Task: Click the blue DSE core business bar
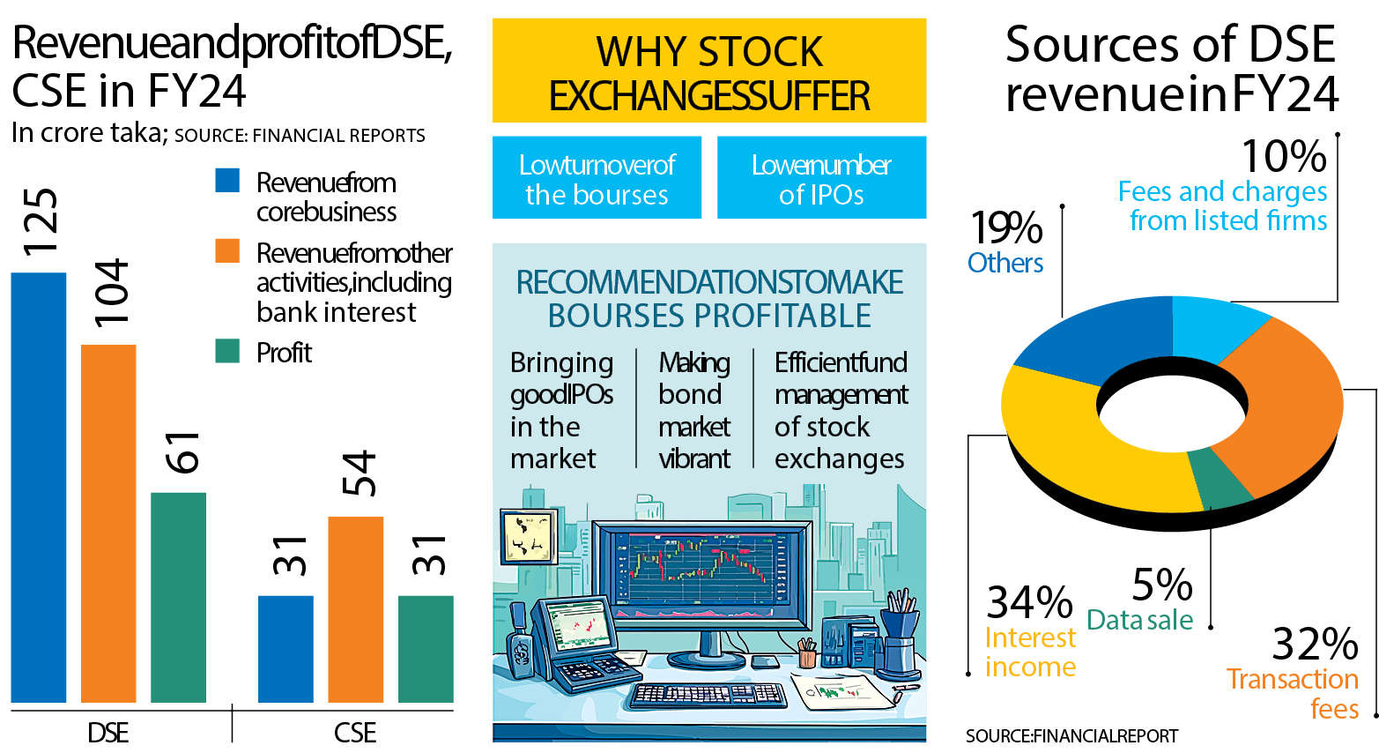pyautogui.click(x=39, y=488)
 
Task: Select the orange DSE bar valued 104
pyautogui.click(x=108, y=524)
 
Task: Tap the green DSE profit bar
pyautogui.click(x=179, y=598)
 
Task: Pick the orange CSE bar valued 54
pyautogui.click(x=356, y=609)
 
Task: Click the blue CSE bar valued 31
pyautogui.click(x=285, y=650)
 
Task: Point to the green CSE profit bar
pyautogui.click(x=426, y=650)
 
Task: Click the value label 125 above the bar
pyautogui.click(x=40, y=222)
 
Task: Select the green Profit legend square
pyautogui.click(x=227, y=351)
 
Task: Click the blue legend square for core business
pyautogui.click(x=227, y=181)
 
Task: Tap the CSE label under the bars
pyautogui.click(x=355, y=734)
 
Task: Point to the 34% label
pyautogui.click(x=1030, y=602)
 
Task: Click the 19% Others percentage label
pyautogui.click(x=1006, y=227)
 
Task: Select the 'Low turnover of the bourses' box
pyautogui.click(x=597, y=177)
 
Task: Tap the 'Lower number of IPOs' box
pyautogui.click(x=821, y=177)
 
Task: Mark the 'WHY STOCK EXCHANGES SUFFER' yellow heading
pyautogui.click(x=709, y=71)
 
